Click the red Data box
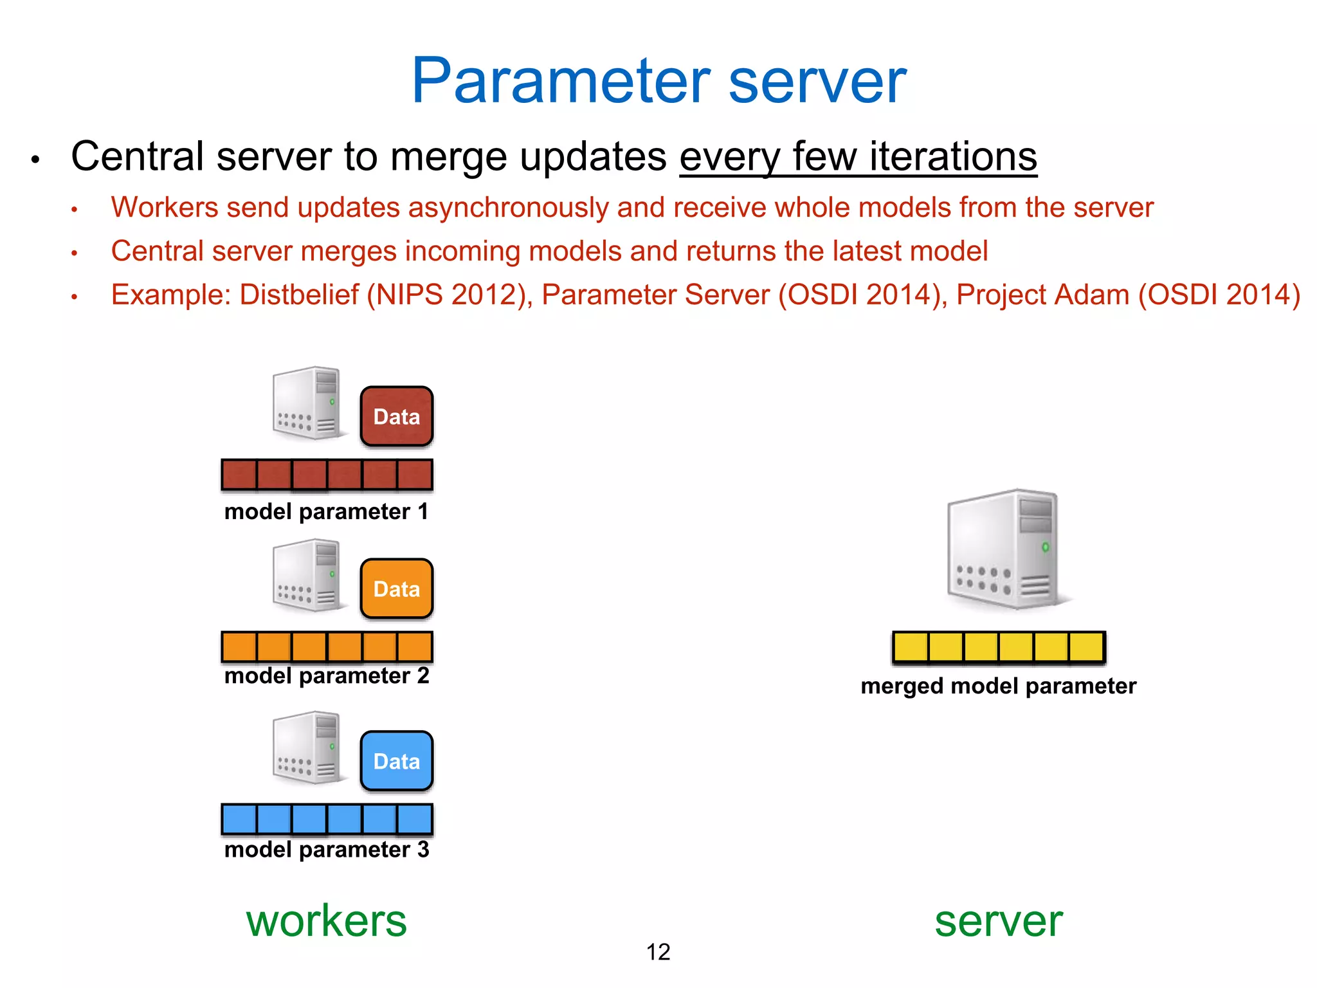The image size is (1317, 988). click(396, 416)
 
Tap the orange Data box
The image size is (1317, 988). click(396, 589)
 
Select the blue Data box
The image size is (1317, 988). click(396, 761)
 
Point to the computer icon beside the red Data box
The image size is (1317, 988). click(308, 403)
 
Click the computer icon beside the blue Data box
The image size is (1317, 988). click(308, 747)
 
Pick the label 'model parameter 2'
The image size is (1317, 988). click(327, 676)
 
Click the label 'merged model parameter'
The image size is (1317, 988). click(998, 686)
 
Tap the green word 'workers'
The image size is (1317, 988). click(327, 920)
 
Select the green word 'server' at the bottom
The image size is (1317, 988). click(998, 920)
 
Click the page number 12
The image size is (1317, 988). click(658, 952)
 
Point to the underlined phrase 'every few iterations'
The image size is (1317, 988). click(858, 156)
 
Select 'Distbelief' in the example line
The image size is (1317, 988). click(299, 295)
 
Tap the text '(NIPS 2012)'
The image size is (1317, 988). click(450, 295)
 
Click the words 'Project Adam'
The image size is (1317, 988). click(1042, 295)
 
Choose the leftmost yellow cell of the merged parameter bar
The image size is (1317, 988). click(911, 647)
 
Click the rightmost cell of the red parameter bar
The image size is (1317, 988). click(415, 475)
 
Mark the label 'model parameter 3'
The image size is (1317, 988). click(327, 850)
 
